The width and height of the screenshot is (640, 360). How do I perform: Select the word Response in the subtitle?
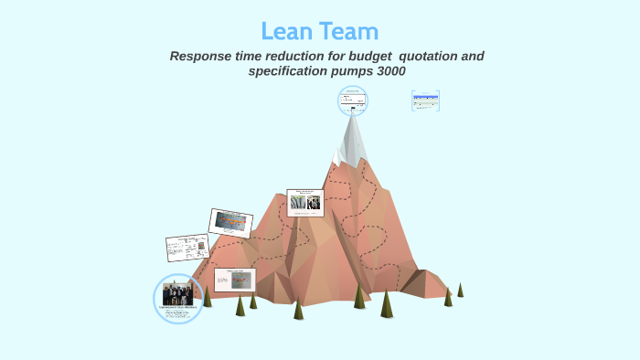[x=203, y=57]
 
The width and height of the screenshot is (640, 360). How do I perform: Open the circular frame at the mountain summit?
[x=352, y=101]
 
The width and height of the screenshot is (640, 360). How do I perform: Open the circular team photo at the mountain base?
[x=177, y=297]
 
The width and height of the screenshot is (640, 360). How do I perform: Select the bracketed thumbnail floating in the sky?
[x=425, y=101]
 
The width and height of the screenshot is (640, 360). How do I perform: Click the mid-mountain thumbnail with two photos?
[x=305, y=202]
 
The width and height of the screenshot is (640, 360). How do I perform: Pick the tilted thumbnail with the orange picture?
[x=230, y=222]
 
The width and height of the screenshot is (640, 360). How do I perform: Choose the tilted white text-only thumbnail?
[x=187, y=247]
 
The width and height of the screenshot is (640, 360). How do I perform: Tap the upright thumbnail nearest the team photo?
[x=234, y=280]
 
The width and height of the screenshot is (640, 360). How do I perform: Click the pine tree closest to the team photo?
[x=208, y=296]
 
